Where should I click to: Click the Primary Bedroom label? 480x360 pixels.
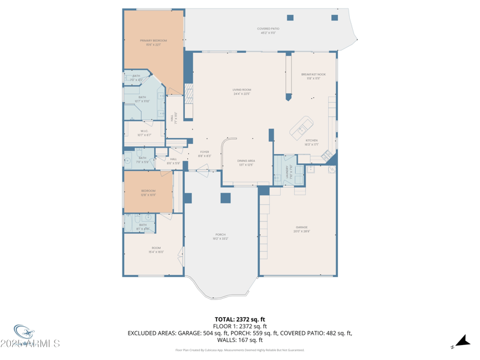[x=153, y=43]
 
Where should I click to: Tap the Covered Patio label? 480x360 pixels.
[x=268, y=31]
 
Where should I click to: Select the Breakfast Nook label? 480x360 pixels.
[x=313, y=76]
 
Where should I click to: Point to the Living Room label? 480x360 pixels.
[x=242, y=92]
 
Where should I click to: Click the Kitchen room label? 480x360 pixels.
[x=311, y=142]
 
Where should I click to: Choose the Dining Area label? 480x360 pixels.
[x=246, y=163]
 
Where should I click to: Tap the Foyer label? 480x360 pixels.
[x=205, y=154]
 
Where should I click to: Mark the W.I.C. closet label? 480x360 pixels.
[x=144, y=133]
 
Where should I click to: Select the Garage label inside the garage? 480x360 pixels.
[x=301, y=229]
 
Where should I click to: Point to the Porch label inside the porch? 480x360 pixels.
[x=220, y=236]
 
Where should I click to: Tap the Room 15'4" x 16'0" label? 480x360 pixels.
[x=156, y=250]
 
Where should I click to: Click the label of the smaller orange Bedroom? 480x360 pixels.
[x=148, y=193]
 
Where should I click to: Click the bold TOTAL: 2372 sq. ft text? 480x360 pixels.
[x=240, y=319]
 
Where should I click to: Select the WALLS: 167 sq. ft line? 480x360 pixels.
[x=240, y=340]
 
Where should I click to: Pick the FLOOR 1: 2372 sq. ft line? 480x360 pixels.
[x=240, y=326]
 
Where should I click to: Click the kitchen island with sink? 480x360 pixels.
[x=302, y=127]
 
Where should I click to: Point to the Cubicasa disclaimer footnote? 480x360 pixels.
[x=240, y=350]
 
